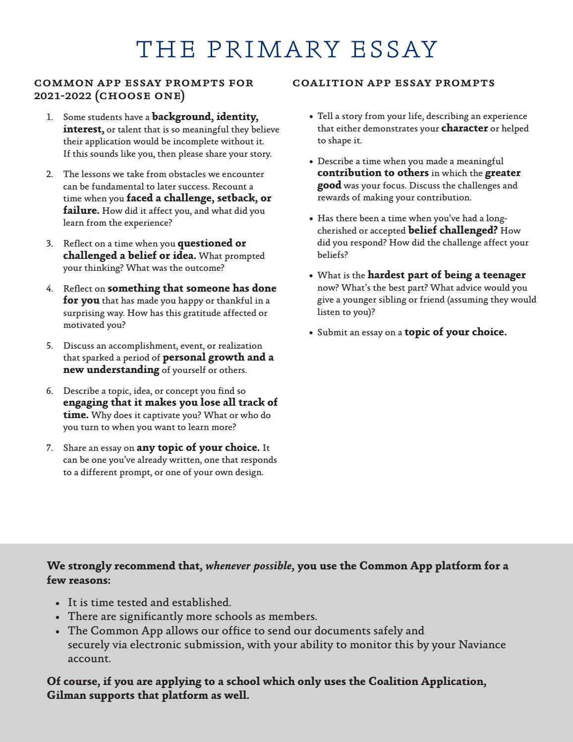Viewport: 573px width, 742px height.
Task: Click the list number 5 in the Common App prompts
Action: click(x=50, y=346)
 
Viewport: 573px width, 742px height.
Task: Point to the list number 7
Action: click(x=50, y=448)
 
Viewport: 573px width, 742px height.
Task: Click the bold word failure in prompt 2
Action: click(x=81, y=210)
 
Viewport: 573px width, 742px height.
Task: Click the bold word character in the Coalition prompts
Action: click(x=464, y=128)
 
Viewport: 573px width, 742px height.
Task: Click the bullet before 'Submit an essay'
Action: click(x=311, y=333)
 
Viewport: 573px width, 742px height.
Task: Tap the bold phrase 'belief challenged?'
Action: click(x=453, y=231)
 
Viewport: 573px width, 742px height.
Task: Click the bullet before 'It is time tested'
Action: click(x=58, y=603)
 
